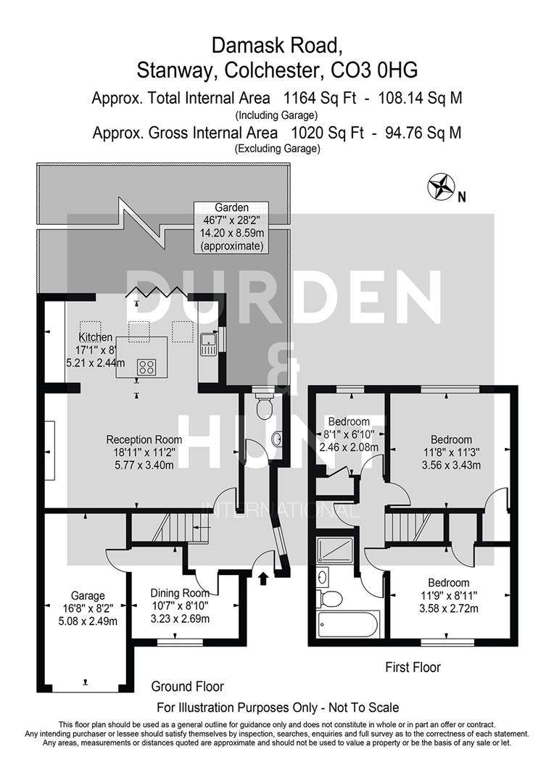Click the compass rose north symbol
[439, 186]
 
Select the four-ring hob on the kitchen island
[146, 367]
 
